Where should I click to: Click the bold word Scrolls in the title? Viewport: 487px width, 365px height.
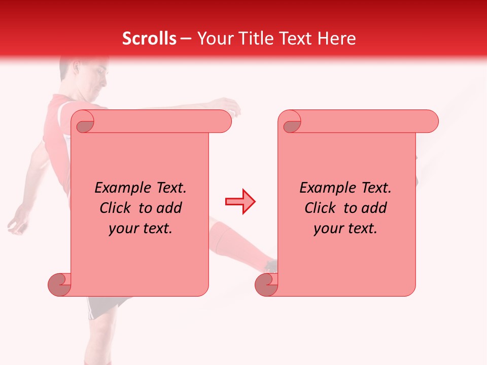(x=149, y=39)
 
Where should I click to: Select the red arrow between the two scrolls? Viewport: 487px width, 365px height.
(x=240, y=201)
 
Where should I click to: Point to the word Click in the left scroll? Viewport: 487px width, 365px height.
(x=118, y=208)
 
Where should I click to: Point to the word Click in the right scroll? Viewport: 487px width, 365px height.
(x=323, y=208)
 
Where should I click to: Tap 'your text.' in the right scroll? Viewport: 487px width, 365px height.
(x=345, y=229)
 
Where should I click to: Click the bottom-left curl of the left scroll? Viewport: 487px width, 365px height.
(x=60, y=284)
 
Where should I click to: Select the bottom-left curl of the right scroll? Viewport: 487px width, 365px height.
(x=266, y=284)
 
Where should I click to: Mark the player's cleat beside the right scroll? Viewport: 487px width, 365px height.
(x=271, y=266)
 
